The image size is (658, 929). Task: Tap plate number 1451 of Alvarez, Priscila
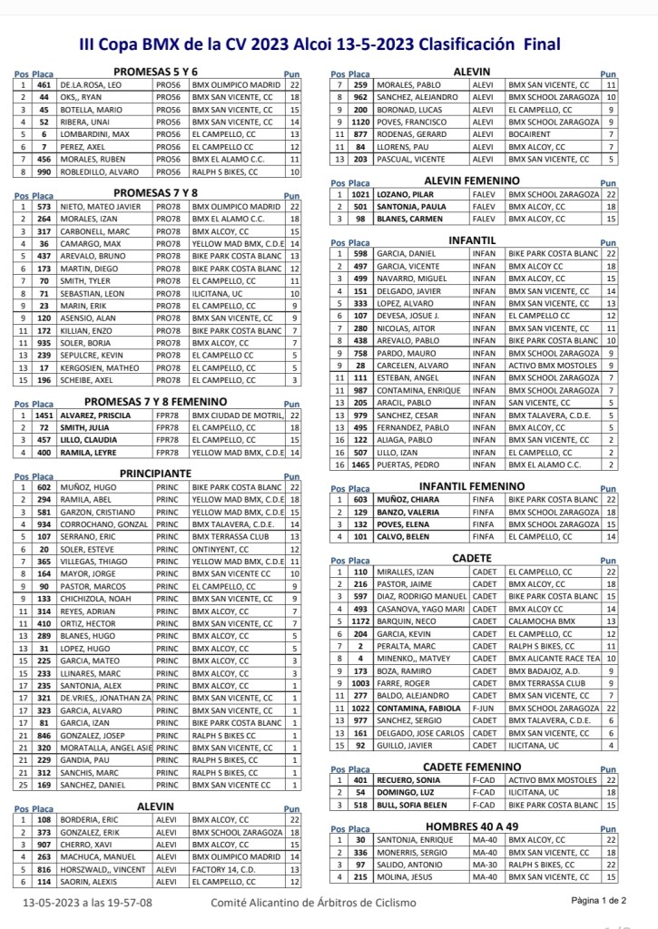(43, 415)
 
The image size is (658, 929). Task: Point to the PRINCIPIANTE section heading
(155, 473)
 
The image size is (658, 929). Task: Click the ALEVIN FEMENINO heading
(472, 181)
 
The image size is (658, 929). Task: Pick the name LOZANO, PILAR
(408, 194)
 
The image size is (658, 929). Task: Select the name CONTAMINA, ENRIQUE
(420, 390)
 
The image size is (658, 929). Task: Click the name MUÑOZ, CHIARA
(409, 499)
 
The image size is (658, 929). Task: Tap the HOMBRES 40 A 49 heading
(471, 826)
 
